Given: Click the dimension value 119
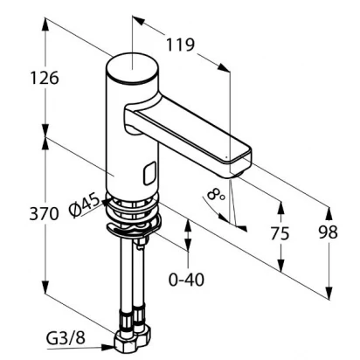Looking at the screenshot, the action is [x=180, y=45].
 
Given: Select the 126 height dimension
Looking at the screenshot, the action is [x=45, y=78].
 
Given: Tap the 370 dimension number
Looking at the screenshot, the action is [x=44, y=214].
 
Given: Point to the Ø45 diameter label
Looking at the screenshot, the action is [x=84, y=206].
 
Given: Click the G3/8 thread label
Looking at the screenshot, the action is [x=66, y=338].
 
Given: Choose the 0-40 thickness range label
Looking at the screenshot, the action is [x=186, y=280].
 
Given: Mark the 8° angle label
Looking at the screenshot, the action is [x=216, y=195].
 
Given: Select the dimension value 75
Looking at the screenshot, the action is [x=280, y=233].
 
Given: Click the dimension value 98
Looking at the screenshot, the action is [x=329, y=232].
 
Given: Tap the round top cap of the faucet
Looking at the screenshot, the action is [x=133, y=69].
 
